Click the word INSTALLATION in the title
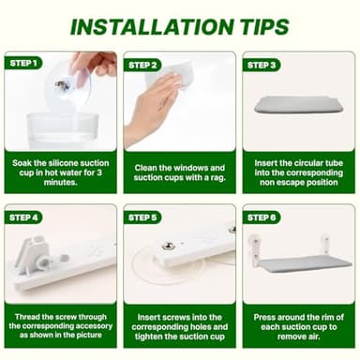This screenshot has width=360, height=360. [x=152, y=27]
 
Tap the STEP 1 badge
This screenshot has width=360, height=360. [x=23, y=63]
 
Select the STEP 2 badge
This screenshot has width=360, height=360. [x=142, y=65]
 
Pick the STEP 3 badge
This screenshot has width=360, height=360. [x=262, y=65]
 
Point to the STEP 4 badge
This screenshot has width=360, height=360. [x=23, y=217]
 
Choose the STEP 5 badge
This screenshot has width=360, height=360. [x=142, y=217]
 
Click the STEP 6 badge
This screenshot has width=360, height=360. [x=262, y=217]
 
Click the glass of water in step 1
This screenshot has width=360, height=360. [x=63, y=130]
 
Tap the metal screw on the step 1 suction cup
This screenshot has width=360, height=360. [x=61, y=84]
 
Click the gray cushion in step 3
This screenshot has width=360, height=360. [x=299, y=104]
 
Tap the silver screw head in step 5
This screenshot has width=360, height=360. [x=166, y=247]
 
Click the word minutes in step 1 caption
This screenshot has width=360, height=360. [x=61, y=182]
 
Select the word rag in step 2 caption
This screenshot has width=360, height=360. [x=217, y=177]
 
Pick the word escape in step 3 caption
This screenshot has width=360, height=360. [x=291, y=182]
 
